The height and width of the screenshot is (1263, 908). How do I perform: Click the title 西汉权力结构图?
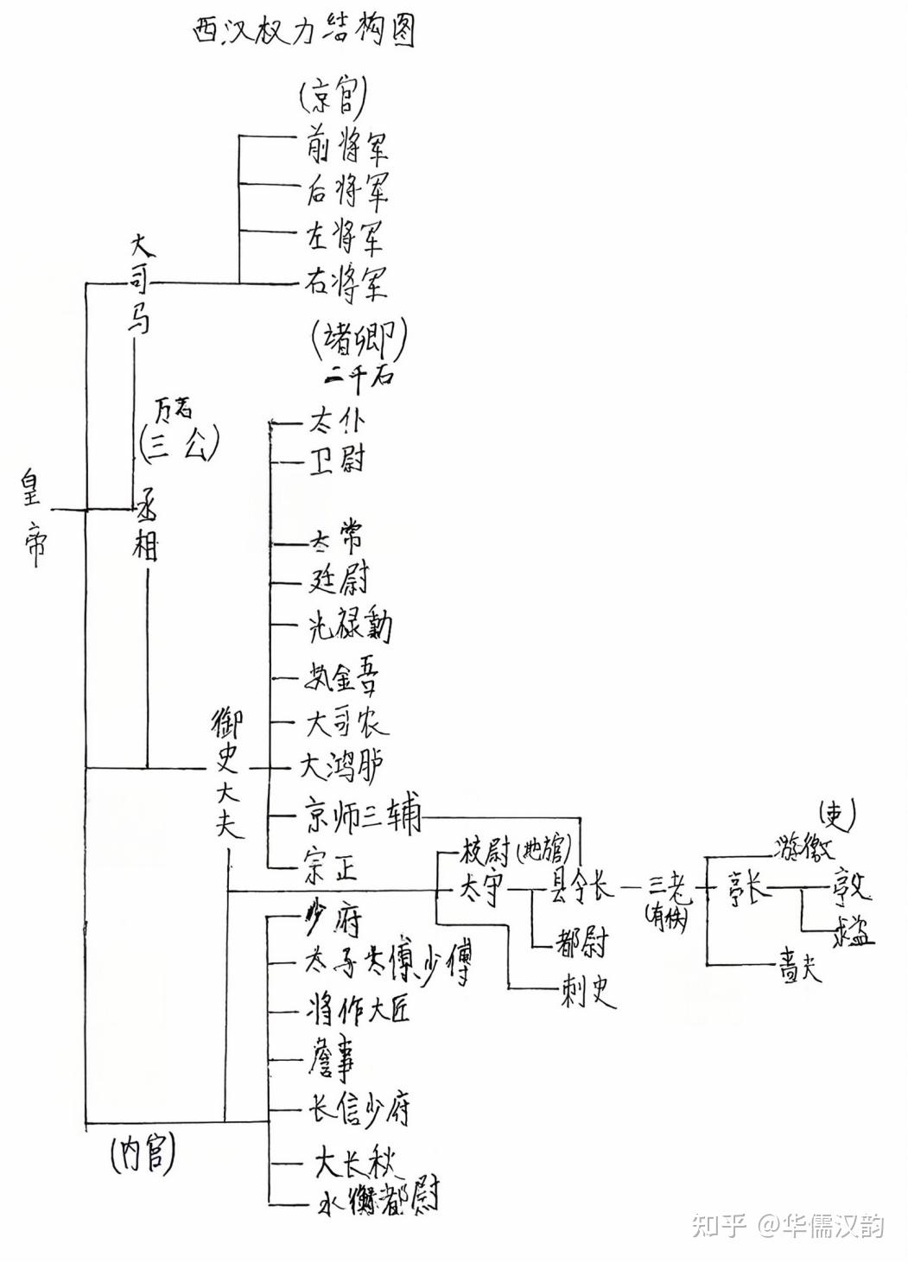[303, 31]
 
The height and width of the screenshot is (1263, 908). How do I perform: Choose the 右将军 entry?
[346, 282]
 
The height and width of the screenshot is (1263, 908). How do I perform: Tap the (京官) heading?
[333, 98]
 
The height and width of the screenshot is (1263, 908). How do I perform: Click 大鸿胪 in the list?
[342, 765]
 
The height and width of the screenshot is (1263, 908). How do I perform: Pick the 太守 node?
[480, 889]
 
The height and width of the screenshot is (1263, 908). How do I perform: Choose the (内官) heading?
[143, 1154]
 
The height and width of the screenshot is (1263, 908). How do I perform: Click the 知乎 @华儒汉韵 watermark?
[787, 1224]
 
